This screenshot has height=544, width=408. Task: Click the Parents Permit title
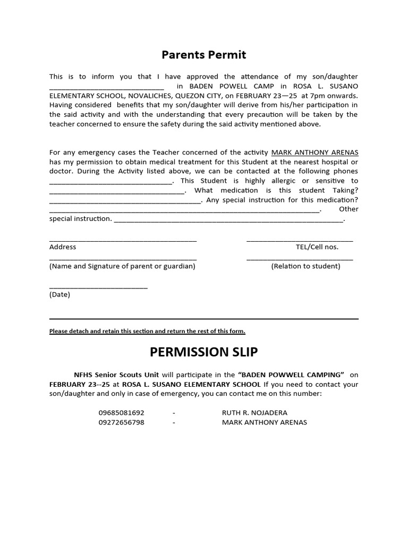204,55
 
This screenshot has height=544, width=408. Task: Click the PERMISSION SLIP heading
204,352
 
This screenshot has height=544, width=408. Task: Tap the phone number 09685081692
121,412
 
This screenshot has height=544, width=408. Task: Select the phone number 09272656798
121,422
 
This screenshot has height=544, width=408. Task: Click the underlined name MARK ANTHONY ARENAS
314,152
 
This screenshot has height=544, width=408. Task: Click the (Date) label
59,294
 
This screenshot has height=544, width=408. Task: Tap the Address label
63,246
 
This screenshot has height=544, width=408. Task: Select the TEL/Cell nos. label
317,246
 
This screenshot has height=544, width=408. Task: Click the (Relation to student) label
305,266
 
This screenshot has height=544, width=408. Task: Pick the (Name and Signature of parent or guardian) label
122,266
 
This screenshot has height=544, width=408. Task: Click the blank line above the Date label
98,288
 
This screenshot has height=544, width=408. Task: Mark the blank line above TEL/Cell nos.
300,241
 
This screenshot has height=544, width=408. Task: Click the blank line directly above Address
123,241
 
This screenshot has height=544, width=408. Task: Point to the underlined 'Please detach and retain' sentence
147,331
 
